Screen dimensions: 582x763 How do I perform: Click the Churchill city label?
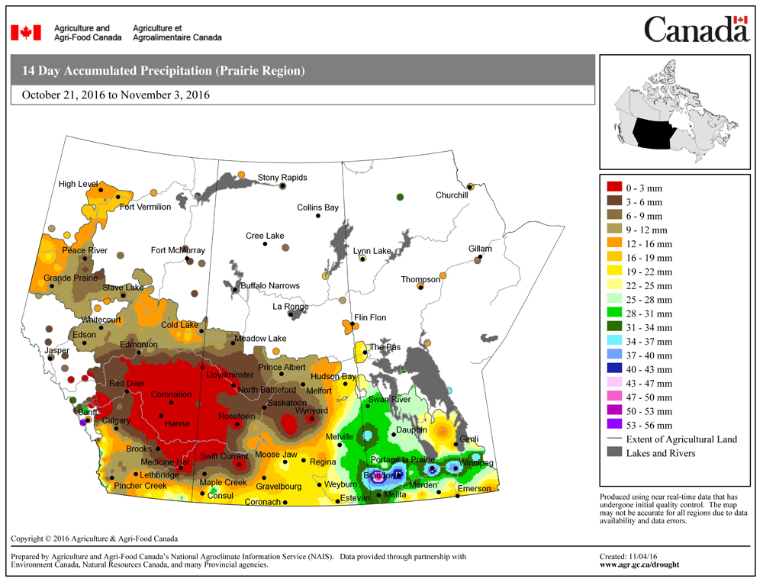(x=451, y=195)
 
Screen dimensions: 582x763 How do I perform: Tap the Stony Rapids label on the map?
(x=282, y=178)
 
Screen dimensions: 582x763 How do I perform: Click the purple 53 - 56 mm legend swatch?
(x=613, y=425)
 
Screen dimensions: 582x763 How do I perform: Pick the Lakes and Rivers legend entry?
(x=661, y=453)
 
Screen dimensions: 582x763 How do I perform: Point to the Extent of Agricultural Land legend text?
(x=681, y=439)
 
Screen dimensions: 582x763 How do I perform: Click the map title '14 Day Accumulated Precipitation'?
(x=163, y=71)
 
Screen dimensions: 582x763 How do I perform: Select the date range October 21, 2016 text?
(x=116, y=95)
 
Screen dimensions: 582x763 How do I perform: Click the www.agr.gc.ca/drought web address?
(x=639, y=565)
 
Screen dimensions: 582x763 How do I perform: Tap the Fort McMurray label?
(x=178, y=250)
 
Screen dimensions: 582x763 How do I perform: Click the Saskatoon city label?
(x=287, y=403)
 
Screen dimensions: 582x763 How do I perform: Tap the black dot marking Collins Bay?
(x=318, y=217)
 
